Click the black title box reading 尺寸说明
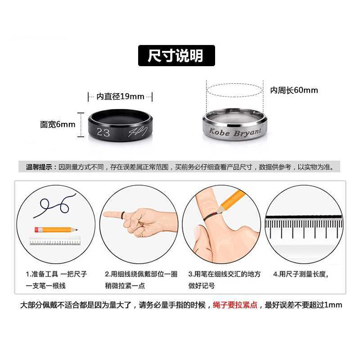coord(176,55)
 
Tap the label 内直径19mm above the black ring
coord(120,96)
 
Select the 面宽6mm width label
coord(58,125)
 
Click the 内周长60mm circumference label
coord(294,90)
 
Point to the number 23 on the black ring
coord(103,132)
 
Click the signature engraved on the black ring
coord(138,131)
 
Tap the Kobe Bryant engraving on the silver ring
coord(235,132)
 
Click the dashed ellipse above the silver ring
coord(234,90)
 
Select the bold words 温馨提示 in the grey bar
coord(39,167)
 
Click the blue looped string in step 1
coord(54,206)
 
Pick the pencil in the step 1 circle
coord(56,229)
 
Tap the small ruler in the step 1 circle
coord(55,241)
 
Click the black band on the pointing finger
coord(123,215)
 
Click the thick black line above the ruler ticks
coord(303,217)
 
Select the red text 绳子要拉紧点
coord(235,305)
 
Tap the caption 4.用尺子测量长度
coord(301,274)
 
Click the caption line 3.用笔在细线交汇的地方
coord(225,274)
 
